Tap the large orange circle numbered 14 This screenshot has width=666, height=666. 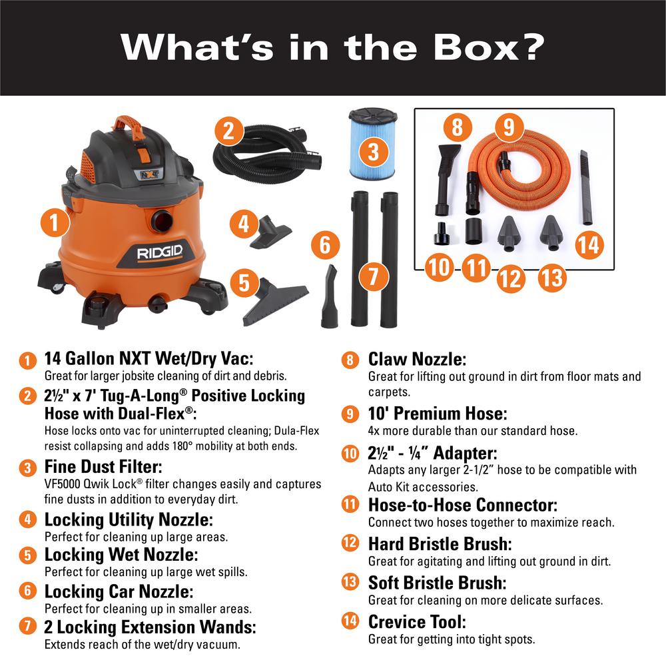(588, 244)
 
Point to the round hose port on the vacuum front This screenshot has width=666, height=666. (161, 220)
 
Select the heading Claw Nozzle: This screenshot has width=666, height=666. (417, 360)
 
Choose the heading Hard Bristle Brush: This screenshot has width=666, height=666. (440, 543)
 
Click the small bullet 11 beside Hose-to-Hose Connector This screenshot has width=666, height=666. (349, 504)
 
